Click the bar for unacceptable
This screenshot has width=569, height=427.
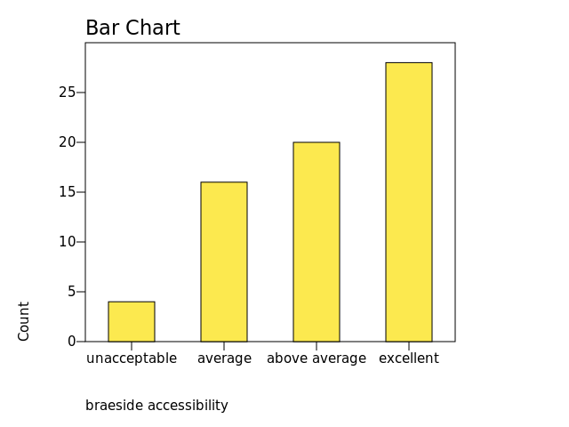coord(132,321)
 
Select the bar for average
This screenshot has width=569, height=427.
coord(224,262)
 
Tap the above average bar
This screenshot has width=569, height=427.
coord(317,242)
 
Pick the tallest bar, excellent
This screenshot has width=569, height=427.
coord(409,202)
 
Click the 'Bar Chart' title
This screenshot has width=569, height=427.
coord(132,28)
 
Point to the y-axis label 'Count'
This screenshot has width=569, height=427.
coord(24,320)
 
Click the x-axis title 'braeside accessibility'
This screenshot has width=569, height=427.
coord(156,406)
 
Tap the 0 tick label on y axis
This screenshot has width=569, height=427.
coord(71,342)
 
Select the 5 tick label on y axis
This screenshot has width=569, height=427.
coord(71,292)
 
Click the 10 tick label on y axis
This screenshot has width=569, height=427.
coord(68,242)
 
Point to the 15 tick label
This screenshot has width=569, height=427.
coord(68,192)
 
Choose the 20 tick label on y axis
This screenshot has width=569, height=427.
coord(68,142)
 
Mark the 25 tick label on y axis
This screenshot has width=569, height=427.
coord(68,93)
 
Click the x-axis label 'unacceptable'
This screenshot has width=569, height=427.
coord(132,359)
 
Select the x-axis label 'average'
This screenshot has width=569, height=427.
coord(224,359)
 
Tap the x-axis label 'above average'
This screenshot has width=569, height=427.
coord(317,359)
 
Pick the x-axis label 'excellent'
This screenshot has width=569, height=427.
coord(409,359)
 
